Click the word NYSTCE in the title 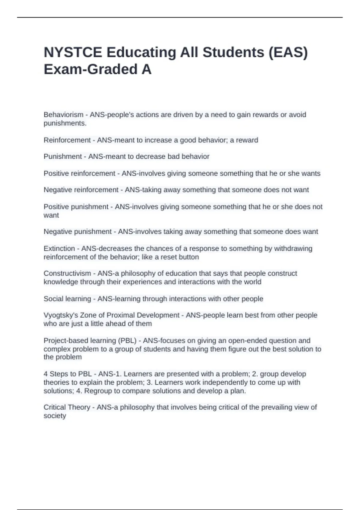pos(73,52)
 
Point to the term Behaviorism pos(63,115)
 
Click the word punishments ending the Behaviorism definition pos(65,123)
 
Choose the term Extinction pos(59,248)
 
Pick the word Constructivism pos(67,273)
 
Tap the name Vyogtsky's pos(61,315)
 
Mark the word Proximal pos(120,315)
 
